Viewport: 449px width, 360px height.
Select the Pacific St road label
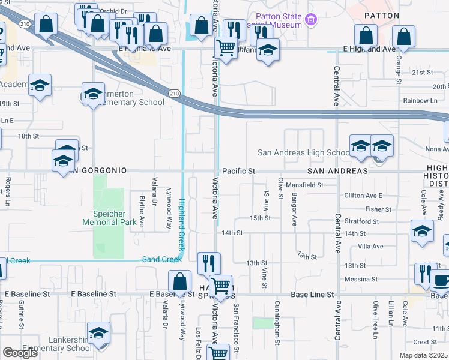pyautogui.click(x=239, y=171)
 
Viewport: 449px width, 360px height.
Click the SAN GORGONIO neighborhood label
pyautogui.click(x=97, y=171)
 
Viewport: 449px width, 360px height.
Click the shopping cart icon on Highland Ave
pyautogui.click(x=226, y=47)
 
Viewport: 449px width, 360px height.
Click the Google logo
pyautogui.click(x=20, y=353)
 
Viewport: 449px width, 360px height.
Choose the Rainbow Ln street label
pyautogui.click(x=420, y=101)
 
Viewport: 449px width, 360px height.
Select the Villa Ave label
pyautogui.click(x=370, y=247)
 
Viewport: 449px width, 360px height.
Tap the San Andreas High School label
pyautogui.click(x=303, y=152)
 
